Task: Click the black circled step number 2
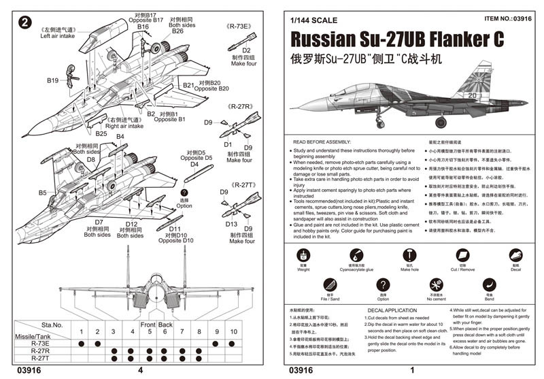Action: (x=24, y=22)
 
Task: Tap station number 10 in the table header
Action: (x=233, y=332)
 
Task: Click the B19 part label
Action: (x=53, y=80)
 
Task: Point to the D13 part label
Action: (x=231, y=224)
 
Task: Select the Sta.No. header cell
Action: (x=52, y=325)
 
